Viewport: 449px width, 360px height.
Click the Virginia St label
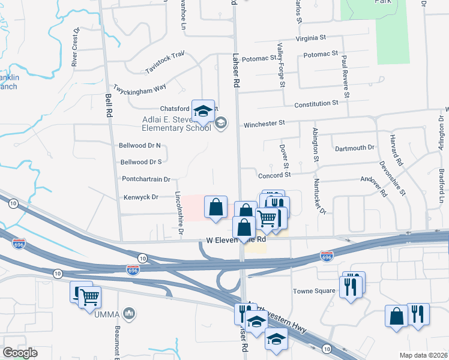(x=310, y=37)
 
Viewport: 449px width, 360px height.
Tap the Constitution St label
(x=316, y=104)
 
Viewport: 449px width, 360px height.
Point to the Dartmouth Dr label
(x=354, y=148)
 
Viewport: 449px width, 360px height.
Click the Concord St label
(x=274, y=175)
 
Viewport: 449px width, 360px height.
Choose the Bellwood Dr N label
(x=141, y=145)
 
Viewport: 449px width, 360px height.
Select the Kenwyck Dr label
(x=141, y=197)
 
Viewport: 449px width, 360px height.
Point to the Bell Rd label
(x=109, y=106)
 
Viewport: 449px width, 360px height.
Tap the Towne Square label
(x=313, y=292)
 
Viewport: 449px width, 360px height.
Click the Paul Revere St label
(x=345, y=76)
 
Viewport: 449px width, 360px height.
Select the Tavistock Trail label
(x=164, y=62)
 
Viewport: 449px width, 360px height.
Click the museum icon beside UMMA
(x=128, y=313)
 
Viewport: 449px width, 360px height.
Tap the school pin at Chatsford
(x=203, y=112)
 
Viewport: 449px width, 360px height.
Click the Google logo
(x=20, y=353)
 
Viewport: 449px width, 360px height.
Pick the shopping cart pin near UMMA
(x=89, y=296)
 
